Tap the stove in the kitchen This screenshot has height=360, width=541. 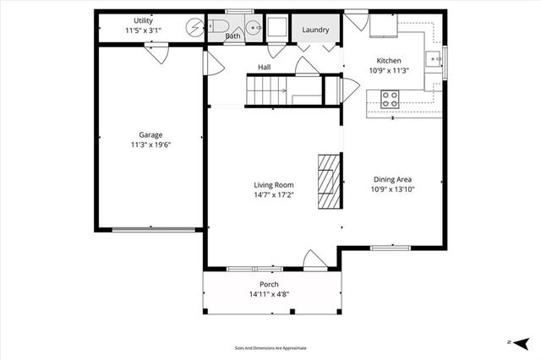pos(390,99)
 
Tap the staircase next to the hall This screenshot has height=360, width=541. pos(266,90)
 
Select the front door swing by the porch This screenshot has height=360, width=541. pos(312,259)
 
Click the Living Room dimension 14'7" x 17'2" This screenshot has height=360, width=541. pos(273,195)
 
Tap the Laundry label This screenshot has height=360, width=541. pos(316,30)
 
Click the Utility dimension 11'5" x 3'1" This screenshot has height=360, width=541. pos(143,30)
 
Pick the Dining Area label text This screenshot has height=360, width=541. pos(393,178)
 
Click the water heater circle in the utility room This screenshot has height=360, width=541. pos(195,26)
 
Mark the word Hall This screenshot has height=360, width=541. pos(264,67)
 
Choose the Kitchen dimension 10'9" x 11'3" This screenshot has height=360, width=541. pos(389,71)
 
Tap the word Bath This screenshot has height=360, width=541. pos(233,36)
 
